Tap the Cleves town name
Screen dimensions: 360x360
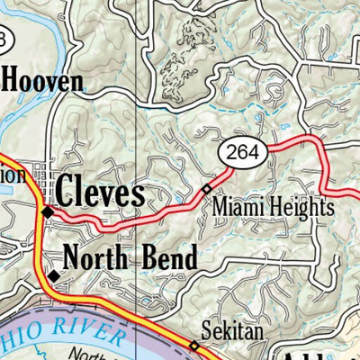[x=100, y=193]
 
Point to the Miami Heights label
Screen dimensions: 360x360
[x=273, y=208]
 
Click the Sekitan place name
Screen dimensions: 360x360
[x=232, y=333]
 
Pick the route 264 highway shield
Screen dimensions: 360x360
[x=243, y=153]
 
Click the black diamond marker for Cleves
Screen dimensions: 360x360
[x=47, y=212]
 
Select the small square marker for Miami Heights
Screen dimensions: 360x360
[x=206, y=189]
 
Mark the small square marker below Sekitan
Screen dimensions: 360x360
[x=193, y=345]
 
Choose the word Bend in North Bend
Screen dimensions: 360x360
[x=169, y=259]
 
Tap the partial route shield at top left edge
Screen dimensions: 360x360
[x=4, y=40]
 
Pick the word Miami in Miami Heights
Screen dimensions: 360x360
[x=238, y=208]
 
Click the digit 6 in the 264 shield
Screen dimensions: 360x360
[x=243, y=153]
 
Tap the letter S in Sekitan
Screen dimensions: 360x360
[x=204, y=333]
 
